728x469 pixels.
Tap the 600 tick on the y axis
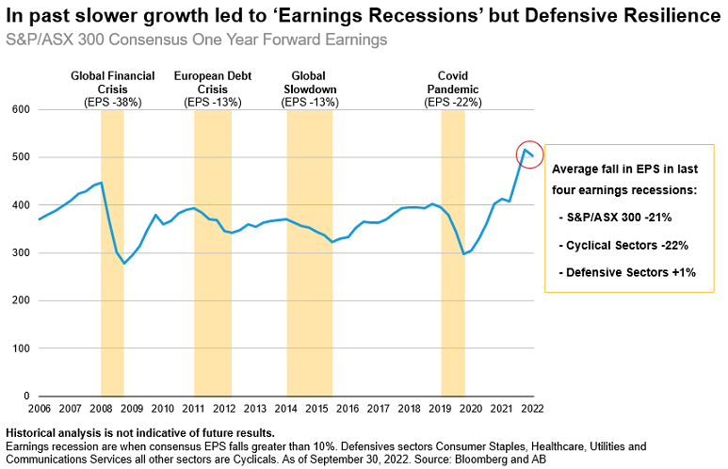tap(20, 109)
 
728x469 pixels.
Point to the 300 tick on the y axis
tap(20, 252)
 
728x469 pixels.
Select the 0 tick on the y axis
tap(26, 396)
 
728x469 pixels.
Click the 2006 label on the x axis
tap(39, 410)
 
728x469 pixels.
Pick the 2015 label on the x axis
tap(317, 410)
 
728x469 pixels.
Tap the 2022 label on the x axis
tap(533, 410)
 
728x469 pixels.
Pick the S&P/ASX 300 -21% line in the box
tap(623, 218)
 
